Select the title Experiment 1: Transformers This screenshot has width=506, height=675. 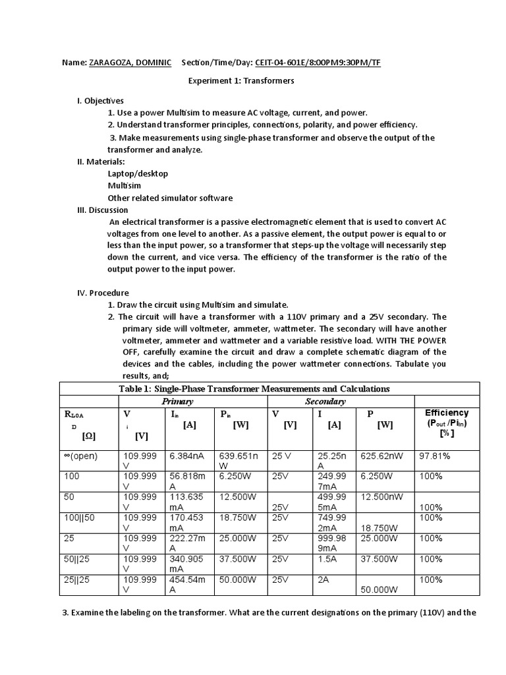coord(241,81)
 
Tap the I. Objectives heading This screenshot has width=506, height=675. coord(100,101)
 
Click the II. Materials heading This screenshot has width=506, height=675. coord(101,161)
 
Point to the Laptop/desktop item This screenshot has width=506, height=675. coord(138,173)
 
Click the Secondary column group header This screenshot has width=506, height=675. coord(325,401)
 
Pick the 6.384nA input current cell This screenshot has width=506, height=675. coord(188,455)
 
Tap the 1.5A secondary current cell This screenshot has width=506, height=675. coord(327,559)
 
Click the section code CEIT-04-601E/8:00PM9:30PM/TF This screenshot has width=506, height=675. coord(316,63)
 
